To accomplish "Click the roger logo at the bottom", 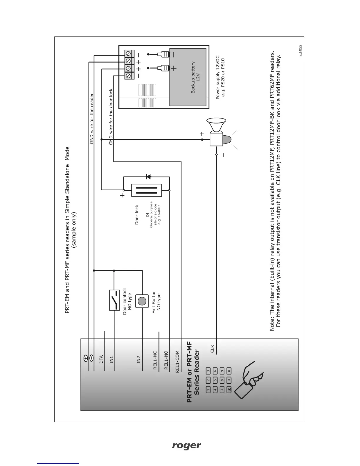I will coord(186,446).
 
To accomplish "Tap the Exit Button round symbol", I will coord(142,301).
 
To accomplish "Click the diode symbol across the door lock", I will coord(148,177).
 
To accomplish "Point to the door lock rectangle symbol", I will coord(146,190).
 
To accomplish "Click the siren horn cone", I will coord(216,124).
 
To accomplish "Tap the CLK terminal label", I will coord(212,348).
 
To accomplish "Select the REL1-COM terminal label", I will coord(177,362).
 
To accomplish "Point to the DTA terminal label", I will coord(101,359).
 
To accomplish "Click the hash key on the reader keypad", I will coord(229,371).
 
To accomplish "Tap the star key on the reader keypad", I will coord(229,390).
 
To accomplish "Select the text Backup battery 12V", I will coord(196,77).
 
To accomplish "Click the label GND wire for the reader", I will coord(91,119).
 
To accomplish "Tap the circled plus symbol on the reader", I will coord(85,358).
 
